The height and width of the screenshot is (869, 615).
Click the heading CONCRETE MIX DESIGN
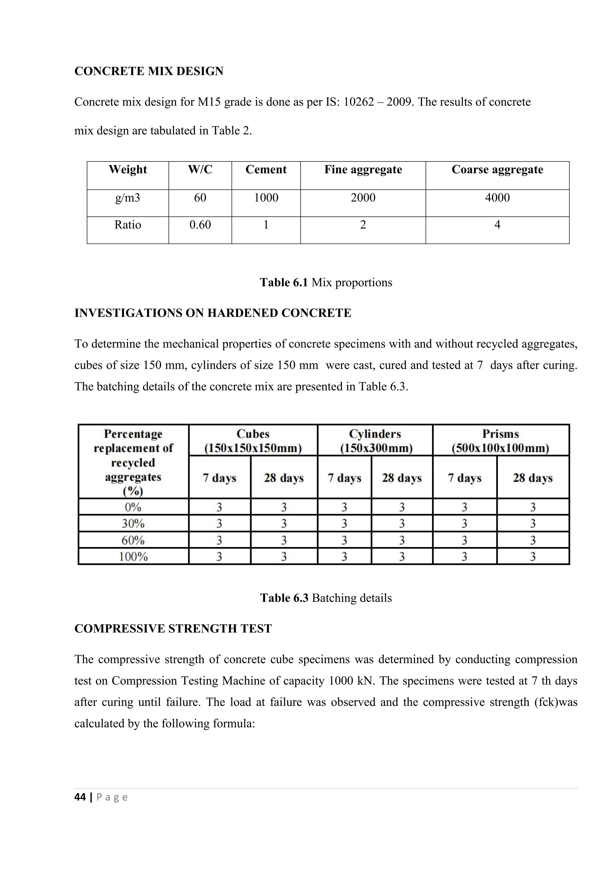click(x=149, y=71)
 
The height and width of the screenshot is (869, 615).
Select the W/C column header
click(x=200, y=170)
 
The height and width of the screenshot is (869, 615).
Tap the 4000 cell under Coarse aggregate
click(x=497, y=197)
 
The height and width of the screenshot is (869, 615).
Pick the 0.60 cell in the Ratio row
click(x=200, y=225)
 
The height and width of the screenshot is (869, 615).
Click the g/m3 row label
click(x=128, y=197)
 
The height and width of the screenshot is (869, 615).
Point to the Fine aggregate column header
click(x=363, y=170)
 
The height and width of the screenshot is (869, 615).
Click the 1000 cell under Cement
click(x=266, y=197)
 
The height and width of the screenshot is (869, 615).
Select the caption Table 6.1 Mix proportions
click(x=326, y=282)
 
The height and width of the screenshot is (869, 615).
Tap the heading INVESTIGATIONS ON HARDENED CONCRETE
click(x=213, y=313)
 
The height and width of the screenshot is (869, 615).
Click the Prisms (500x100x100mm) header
click(x=501, y=441)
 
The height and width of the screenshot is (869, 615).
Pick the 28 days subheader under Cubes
click(x=284, y=478)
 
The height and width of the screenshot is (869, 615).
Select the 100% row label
click(x=133, y=557)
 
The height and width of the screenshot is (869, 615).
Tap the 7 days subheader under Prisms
click(x=465, y=478)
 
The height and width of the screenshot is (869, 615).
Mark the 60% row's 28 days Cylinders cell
click(x=402, y=540)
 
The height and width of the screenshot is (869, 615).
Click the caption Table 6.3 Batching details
click(x=326, y=598)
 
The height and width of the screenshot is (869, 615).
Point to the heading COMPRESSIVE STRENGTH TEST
click(x=173, y=629)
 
